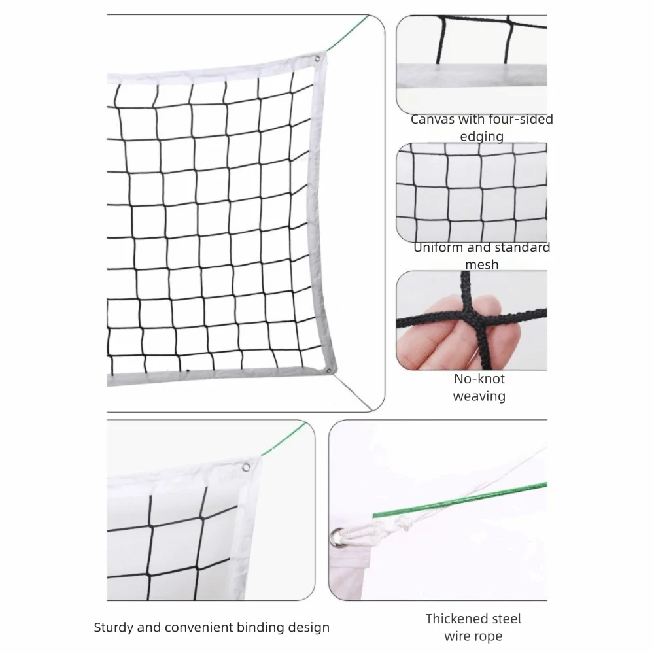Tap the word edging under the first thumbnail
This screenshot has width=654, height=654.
(481, 137)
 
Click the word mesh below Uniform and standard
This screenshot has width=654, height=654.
(481, 265)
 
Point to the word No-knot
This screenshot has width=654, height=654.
(479, 379)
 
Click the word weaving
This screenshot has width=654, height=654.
(479, 396)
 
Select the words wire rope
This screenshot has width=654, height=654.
(473, 636)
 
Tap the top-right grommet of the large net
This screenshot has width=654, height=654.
(318, 58)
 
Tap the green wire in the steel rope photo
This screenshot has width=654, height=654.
(458, 500)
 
